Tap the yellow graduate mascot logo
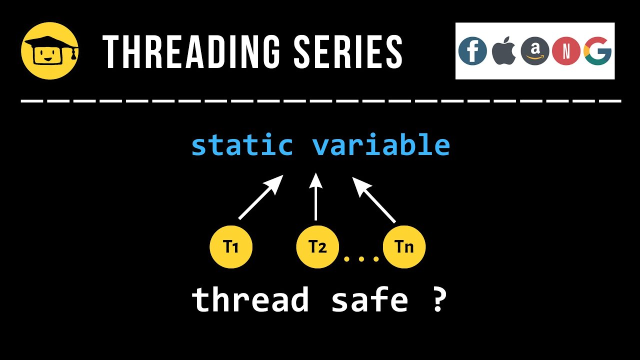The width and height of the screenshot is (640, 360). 49,50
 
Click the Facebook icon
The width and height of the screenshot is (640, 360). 472,51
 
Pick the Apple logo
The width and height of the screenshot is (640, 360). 503,51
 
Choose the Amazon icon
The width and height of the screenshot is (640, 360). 534,51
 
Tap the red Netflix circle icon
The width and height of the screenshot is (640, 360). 565,51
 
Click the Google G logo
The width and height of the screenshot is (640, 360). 597,51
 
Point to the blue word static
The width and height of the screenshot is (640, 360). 242,145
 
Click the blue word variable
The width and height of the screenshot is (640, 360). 380,145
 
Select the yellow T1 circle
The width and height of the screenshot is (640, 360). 231,247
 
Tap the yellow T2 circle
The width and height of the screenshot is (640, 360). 317,247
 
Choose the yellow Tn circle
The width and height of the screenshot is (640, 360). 404,247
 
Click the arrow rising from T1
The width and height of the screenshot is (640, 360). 260,197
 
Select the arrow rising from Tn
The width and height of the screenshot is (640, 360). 374,199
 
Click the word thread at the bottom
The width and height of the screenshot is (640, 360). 250,299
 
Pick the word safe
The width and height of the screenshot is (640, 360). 369,299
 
